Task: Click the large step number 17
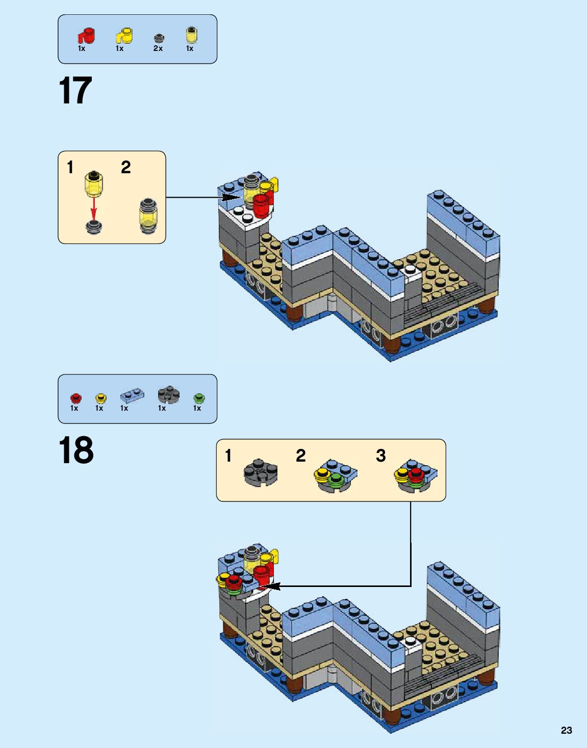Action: click(x=75, y=90)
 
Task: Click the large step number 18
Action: click(x=76, y=450)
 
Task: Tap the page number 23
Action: click(x=566, y=730)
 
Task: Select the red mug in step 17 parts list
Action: click(x=87, y=36)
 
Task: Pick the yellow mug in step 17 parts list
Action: click(x=124, y=36)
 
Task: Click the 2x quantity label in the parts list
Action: click(x=158, y=48)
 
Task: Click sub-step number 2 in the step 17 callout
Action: click(x=126, y=168)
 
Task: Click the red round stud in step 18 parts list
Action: click(x=76, y=398)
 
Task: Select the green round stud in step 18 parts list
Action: click(x=199, y=398)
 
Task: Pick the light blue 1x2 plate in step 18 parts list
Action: click(x=132, y=396)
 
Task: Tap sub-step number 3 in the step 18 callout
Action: click(x=380, y=456)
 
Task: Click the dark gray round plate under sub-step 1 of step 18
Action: click(x=261, y=472)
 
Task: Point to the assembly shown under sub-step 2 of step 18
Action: click(x=336, y=476)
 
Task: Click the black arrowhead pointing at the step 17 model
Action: click(x=228, y=198)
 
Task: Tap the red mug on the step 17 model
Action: click(x=263, y=205)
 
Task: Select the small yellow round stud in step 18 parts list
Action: click(x=100, y=398)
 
